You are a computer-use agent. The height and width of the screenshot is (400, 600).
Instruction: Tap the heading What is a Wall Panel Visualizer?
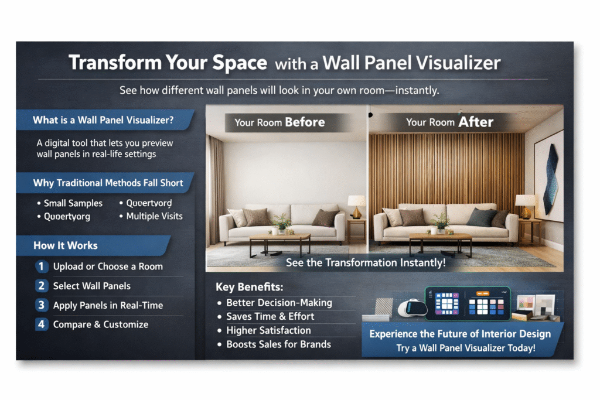coord(103,121)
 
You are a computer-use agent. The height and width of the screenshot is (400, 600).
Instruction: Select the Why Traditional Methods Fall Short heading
coord(108,183)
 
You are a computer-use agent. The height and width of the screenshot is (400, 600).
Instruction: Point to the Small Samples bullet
coord(73,203)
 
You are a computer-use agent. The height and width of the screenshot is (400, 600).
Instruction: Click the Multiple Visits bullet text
coord(155,216)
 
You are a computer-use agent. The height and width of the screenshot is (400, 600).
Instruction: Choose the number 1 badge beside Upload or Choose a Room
coord(41,266)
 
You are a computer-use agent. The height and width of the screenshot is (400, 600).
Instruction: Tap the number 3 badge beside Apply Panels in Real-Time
coord(41,305)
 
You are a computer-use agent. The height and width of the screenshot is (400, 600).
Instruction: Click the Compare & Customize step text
coord(100,324)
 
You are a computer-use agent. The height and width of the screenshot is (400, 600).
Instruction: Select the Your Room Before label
coord(279,122)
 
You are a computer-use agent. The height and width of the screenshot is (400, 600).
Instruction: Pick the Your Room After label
coord(450,122)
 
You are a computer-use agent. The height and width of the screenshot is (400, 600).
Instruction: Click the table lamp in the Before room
coord(356,206)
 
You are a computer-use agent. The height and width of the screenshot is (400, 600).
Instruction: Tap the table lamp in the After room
coord(525,206)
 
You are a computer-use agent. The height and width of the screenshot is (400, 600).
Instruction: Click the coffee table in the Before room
coord(279,241)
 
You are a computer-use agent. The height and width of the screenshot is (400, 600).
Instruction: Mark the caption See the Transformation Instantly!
coord(366,263)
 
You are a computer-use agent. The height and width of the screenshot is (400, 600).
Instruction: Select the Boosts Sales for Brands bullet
coord(279,344)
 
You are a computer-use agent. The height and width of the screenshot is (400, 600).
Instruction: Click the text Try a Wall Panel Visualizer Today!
coord(460,348)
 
